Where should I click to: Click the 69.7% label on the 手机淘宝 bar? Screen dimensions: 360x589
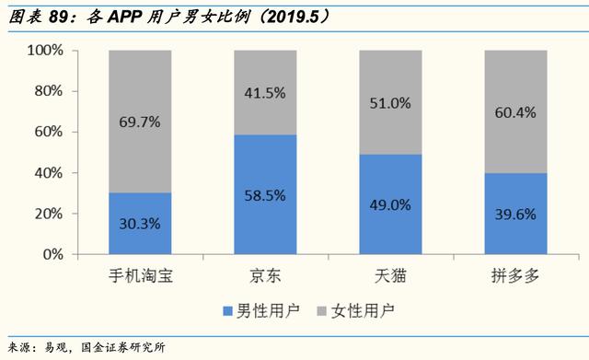click(x=140, y=121)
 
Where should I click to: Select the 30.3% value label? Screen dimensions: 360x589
click(x=140, y=224)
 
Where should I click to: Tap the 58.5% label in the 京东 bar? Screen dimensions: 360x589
click(x=265, y=195)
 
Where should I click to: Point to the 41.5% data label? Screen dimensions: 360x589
click(x=265, y=92)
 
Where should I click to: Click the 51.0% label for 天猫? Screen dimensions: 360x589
click(x=390, y=102)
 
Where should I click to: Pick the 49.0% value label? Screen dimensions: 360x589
click(x=390, y=205)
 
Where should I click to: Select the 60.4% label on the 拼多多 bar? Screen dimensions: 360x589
click(x=515, y=111)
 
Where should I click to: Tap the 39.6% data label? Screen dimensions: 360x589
click(x=515, y=215)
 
